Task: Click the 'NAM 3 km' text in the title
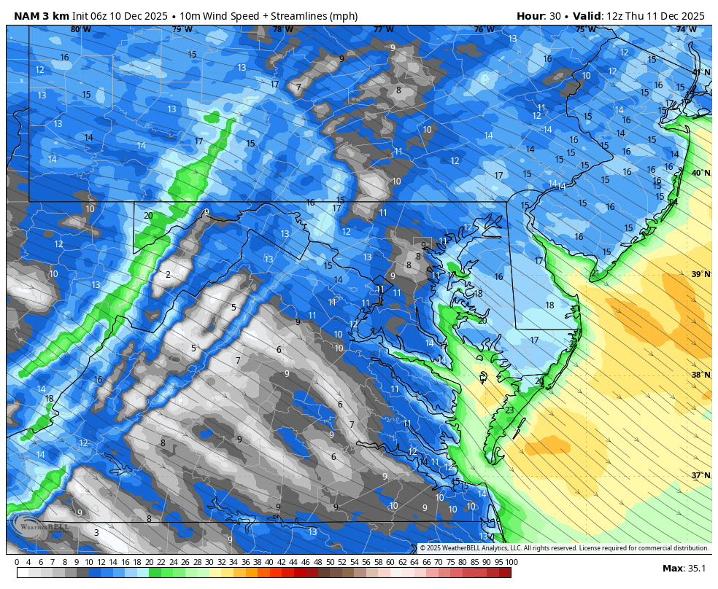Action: pos(42,16)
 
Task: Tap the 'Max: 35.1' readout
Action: pos(683,569)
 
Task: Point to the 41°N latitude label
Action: pos(700,72)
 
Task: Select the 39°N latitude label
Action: pos(700,274)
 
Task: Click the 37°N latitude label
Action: pos(700,475)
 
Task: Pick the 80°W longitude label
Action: pos(81,30)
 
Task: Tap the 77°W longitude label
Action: pos(384,30)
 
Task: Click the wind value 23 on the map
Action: pos(509,410)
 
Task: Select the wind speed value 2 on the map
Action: pos(168,275)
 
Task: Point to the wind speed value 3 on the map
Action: pos(96,533)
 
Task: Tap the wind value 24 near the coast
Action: pos(673,202)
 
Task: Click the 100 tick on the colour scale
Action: pos(512,562)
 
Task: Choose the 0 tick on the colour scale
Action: pos(17,562)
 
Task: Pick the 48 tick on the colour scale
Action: pos(318,562)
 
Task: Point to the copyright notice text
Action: pos(563,548)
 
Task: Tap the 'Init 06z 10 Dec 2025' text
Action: pos(136,16)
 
